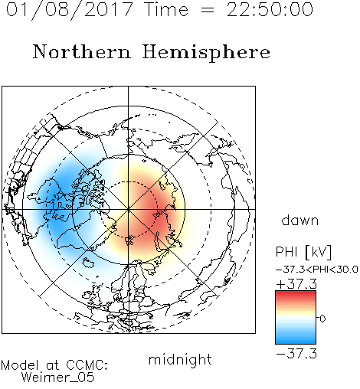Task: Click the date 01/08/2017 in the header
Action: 69,10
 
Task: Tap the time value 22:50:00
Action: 270,9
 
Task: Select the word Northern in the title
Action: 82,52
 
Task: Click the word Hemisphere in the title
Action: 206,53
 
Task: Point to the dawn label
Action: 300,221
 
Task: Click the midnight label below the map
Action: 180,361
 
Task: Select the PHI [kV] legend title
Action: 303,252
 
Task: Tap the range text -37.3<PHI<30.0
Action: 317,270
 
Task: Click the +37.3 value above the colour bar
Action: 296,284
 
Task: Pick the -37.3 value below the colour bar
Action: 296,354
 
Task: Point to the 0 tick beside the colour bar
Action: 322,319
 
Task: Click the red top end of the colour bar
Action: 296,293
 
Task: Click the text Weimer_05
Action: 58,378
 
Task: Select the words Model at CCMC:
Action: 54,365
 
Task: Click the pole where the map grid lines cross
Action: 129,209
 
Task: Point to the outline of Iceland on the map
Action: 88,262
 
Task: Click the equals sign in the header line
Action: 208,10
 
